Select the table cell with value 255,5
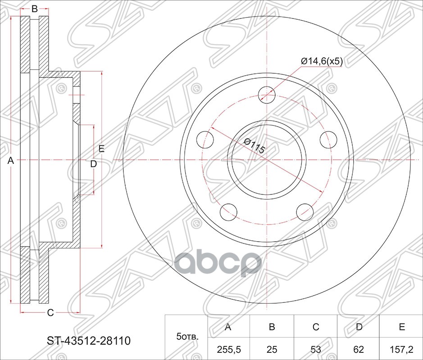(x=228, y=348)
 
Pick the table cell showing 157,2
(x=401, y=348)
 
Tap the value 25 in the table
(x=272, y=348)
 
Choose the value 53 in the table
(x=315, y=348)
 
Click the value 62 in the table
(x=359, y=348)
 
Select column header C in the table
(x=315, y=327)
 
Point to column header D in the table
(x=359, y=327)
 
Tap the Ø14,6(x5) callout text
(x=322, y=61)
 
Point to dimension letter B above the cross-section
(x=34, y=8)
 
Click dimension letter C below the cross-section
(x=50, y=312)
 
